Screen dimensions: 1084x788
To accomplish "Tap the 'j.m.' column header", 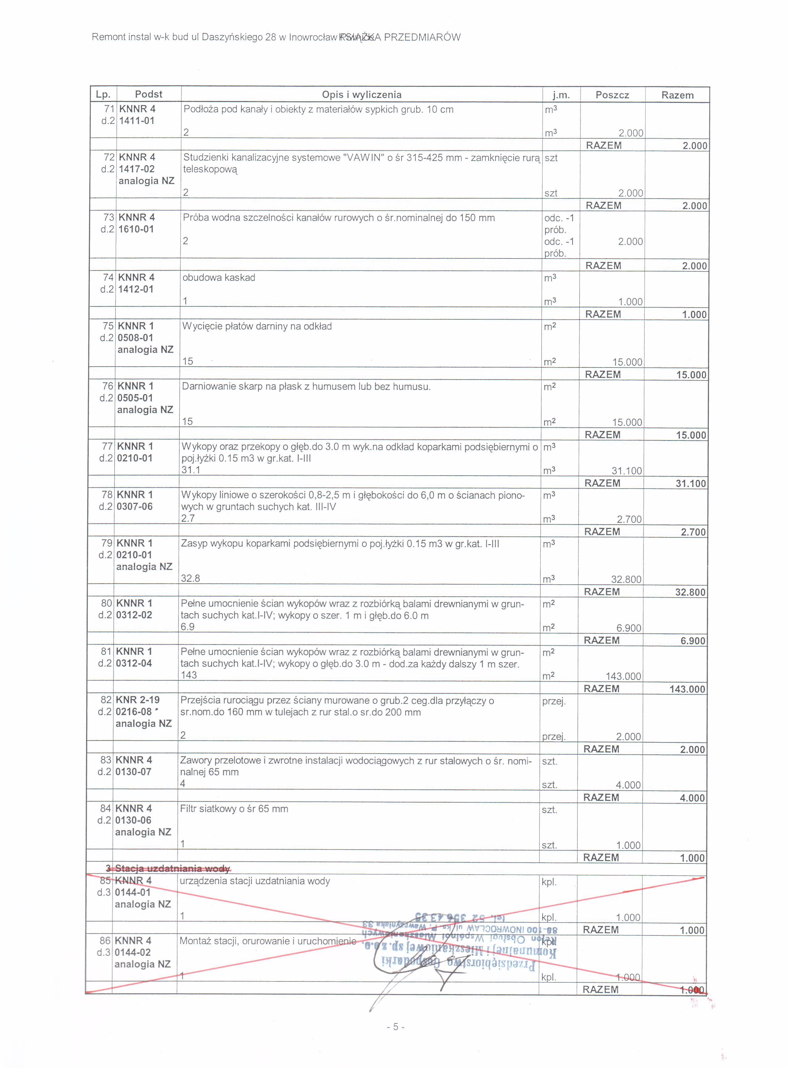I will [x=561, y=95].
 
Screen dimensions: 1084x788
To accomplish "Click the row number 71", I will [x=109, y=109].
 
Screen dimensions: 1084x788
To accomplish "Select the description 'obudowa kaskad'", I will [x=219, y=278].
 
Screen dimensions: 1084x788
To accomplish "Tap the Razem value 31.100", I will [x=690, y=483].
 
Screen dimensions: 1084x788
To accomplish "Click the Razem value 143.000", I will [x=687, y=689].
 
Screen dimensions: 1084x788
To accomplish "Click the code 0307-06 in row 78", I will [x=134, y=506].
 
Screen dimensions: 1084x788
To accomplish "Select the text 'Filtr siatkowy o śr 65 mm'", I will [x=234, y=809].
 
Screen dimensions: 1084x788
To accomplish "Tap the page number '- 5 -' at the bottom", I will [x=395, y=1027].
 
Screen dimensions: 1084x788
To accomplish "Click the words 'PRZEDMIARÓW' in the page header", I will [x=422, y=37].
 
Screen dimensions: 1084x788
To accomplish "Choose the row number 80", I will [x=107, y=603].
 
